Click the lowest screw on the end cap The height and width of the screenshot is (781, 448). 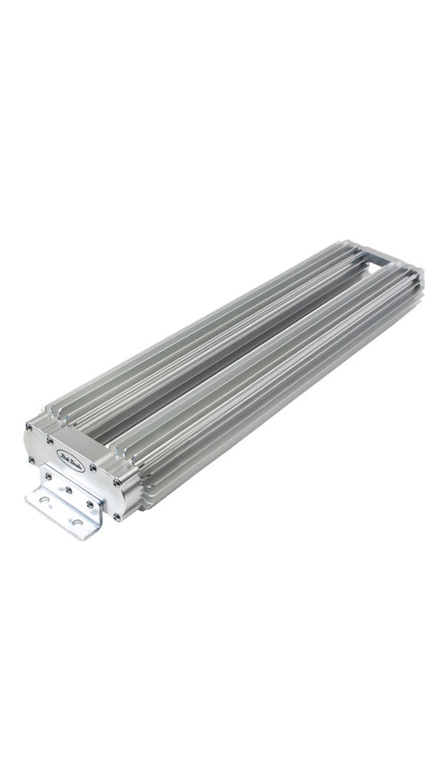click(x=117, y=516)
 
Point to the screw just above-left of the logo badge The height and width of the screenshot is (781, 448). click(x=51, y=440)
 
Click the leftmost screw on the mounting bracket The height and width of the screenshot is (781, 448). click(x=48, y=476)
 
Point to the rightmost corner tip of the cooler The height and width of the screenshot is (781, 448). click(x=424, y=272)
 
